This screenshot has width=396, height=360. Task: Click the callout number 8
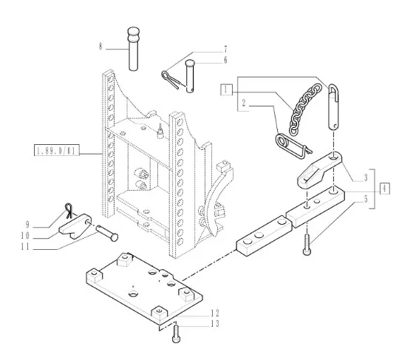100,47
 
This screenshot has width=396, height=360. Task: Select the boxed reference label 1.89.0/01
57,150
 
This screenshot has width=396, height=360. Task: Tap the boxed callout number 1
226,89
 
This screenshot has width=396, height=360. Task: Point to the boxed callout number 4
385,189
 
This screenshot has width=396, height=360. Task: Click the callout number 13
215,324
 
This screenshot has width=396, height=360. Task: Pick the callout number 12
215,313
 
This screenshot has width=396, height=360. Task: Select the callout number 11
25,247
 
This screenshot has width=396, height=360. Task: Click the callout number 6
225,60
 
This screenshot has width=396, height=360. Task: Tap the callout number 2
244,103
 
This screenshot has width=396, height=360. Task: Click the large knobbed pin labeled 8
133,49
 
